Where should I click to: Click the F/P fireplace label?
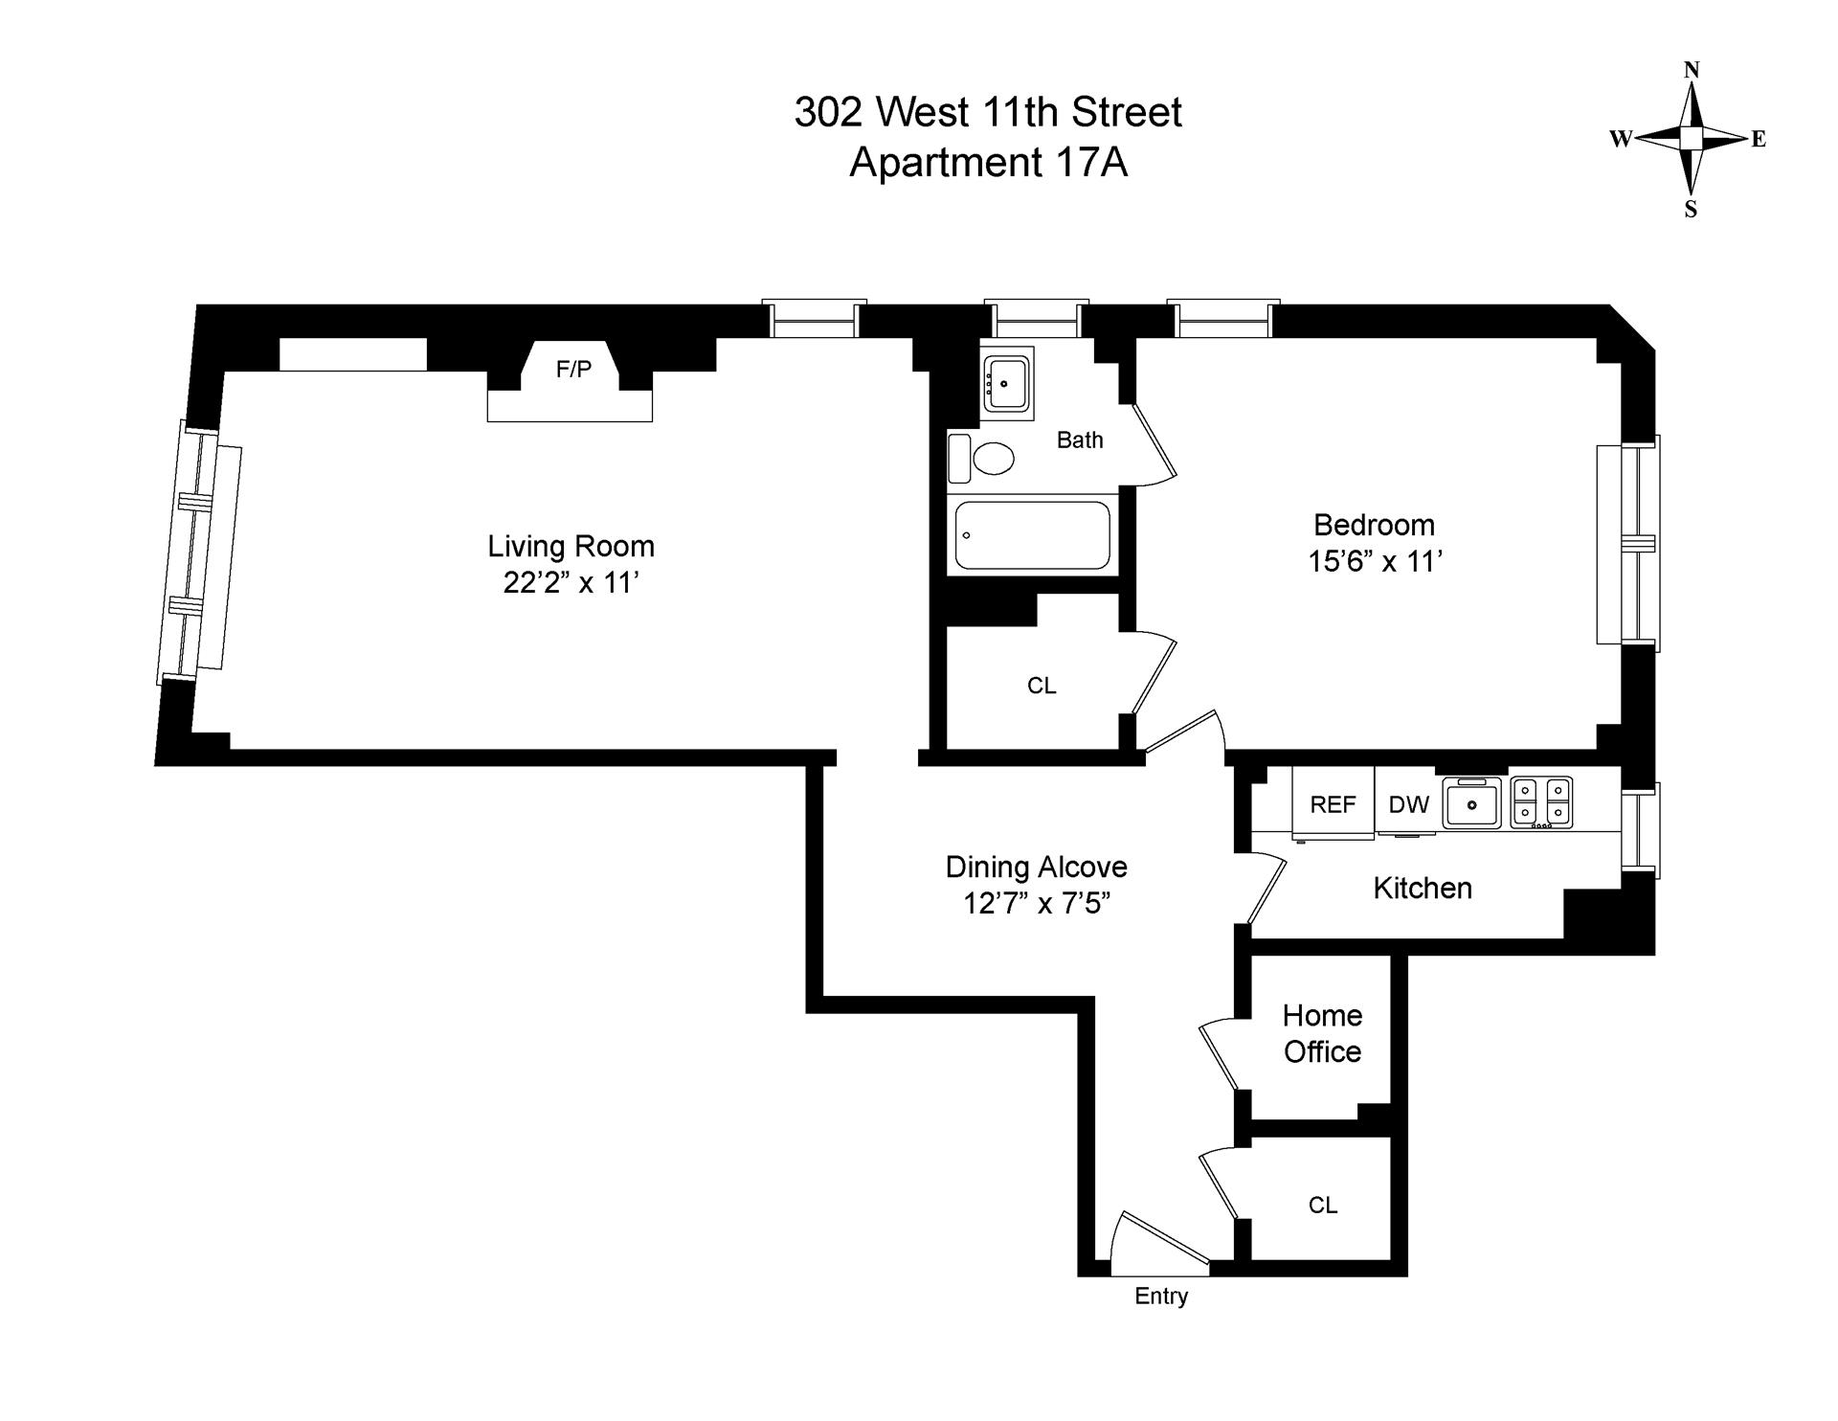pos(573,369)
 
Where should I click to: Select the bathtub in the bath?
pos(1033,535)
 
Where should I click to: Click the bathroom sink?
pos(1007,383)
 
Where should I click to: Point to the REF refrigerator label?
pos(1333,804)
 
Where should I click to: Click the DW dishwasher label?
pos(1408,804)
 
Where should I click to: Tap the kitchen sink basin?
pos(1471,804)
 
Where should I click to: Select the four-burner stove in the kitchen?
pos(1541,801)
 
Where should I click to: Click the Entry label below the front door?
pos(1161,1296)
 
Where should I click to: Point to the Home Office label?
pos(1322,1033)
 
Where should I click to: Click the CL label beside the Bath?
pos(1042,686)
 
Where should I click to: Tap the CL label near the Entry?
pos(1322,1205)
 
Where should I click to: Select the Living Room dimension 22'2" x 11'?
pos(571,582)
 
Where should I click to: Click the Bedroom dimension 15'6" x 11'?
pos(1375,561)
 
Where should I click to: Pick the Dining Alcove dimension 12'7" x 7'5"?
pos(1036,903)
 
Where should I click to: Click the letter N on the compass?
pos(1692,70)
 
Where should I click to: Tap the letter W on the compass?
pos(1620,140)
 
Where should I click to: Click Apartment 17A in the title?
pos(988,162)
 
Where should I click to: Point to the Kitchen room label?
pos(1422,888)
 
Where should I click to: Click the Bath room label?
pos(1080,440)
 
